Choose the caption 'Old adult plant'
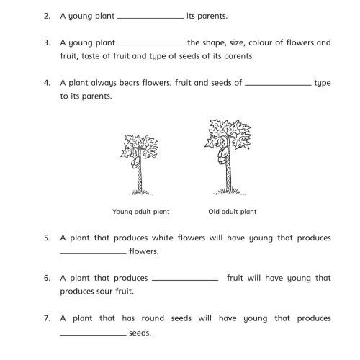[232, 212]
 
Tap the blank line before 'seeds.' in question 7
[92, 334]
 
